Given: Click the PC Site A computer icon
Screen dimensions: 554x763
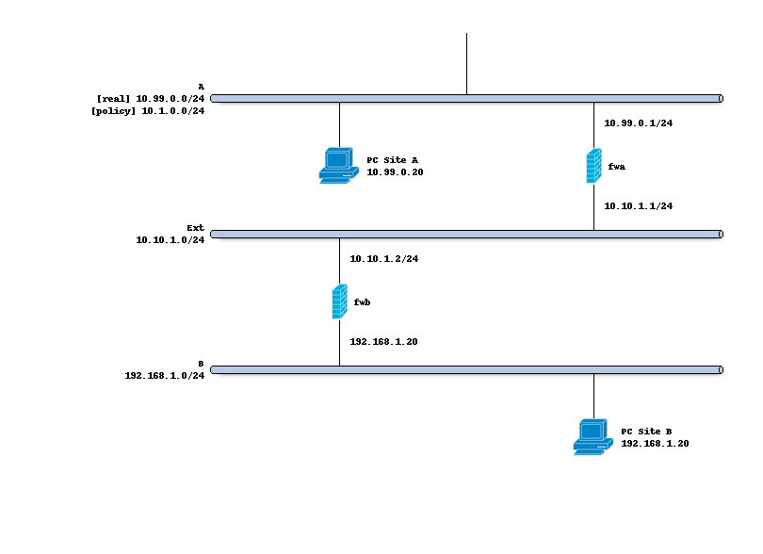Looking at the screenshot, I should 338,165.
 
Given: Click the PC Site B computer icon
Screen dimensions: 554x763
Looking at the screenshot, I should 593,437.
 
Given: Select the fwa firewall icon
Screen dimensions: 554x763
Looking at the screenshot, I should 593,166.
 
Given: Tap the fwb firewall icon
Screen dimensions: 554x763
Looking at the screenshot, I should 339,302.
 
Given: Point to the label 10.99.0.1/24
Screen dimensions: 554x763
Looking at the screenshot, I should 638,123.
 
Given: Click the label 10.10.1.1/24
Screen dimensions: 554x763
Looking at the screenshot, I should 638,206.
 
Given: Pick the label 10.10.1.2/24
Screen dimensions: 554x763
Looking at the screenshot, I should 383,259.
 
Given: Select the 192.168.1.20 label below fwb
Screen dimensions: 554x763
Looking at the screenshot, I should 383,342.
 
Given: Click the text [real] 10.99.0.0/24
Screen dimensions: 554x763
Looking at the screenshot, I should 151,98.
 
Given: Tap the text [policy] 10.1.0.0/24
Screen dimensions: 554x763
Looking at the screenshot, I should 148,111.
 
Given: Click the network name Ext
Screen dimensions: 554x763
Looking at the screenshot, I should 195,228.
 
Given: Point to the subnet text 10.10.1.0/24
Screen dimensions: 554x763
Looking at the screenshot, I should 170,240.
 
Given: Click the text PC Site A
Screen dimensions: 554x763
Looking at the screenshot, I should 392,160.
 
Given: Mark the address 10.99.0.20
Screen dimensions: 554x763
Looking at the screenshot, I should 395,172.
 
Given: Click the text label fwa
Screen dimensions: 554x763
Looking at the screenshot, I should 617,167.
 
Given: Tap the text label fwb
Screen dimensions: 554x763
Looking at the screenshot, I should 363,302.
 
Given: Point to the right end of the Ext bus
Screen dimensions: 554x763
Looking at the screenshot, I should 720,235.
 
